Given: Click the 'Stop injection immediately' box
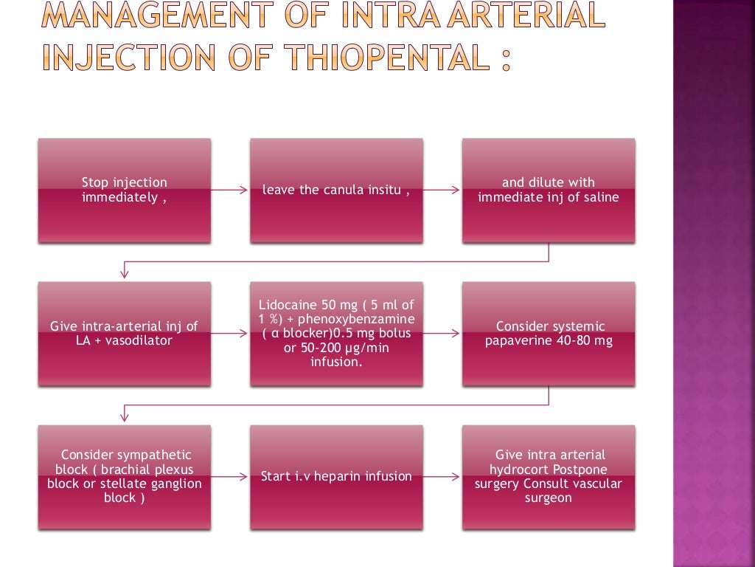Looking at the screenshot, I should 124,190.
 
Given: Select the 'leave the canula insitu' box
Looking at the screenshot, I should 336,190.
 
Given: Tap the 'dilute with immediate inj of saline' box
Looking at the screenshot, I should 549,190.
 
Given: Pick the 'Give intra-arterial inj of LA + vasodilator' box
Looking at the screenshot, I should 124,334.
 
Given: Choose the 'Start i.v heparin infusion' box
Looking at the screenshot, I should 336,477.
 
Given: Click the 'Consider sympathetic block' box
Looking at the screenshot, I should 124,477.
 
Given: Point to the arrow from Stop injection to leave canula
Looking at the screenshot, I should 230,190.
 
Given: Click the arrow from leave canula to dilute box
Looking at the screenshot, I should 442,190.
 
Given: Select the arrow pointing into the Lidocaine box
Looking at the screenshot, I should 230,334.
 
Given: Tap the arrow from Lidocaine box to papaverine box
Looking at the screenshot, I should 442,334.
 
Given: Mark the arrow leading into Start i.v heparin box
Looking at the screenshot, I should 230,477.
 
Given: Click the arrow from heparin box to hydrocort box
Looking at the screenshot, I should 442,477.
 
